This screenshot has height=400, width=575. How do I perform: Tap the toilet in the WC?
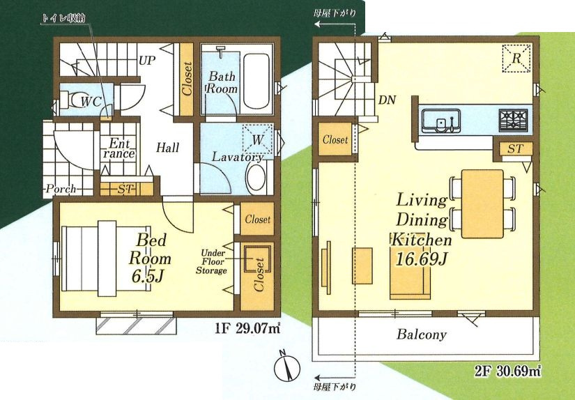pyautogui.click(x=77, y=100)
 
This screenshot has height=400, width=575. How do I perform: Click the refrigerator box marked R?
pyautogui.click(x=516, y=58)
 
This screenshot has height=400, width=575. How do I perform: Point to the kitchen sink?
pyautogui.click(x=440, y=121)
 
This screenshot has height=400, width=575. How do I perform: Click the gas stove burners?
pyautogui.click(x=513, y=120)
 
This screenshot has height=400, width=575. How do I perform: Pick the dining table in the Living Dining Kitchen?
pyautogui.click(x=482, y=204)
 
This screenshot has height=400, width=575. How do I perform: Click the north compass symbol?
pyautogui.click(x=286, y=368)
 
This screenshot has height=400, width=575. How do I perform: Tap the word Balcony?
pyautogui.click(x=422, y=334)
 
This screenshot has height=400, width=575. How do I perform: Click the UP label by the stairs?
pyautogui.click(x=148, y=60)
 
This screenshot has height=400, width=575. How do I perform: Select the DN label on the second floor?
pyautogui.click(x=387, y=100)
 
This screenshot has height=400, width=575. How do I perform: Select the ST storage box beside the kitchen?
pyautogui.click(x=514, y=149)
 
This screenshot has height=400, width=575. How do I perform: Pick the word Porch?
pyautogui.click(x=61, y=189)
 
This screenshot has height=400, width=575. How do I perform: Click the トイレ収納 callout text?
pyautogui.click(x=65, y=18)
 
